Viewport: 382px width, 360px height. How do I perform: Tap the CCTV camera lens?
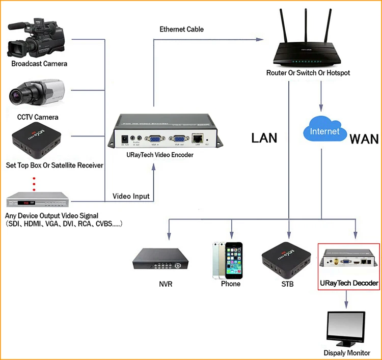20,94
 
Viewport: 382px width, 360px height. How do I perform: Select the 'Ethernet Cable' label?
181,30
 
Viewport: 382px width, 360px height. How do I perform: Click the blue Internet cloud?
324,131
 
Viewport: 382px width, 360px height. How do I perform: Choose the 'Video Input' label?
131,197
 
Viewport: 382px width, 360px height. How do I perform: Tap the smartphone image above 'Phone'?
227,259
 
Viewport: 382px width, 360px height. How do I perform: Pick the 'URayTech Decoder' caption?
349,283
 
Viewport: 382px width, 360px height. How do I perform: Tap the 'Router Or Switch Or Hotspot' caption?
308,73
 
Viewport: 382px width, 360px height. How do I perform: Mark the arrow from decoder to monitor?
346,299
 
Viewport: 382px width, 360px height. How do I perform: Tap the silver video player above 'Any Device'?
37,201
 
